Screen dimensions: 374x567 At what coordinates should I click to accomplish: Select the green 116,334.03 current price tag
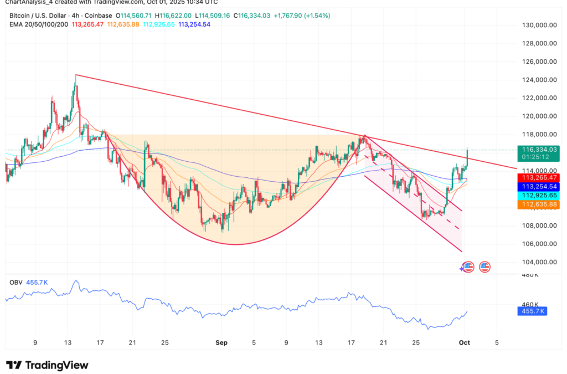point(537,150)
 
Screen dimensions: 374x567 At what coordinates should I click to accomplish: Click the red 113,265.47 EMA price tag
point(537,177)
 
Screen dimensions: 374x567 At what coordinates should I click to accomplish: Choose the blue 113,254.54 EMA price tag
point(537,187)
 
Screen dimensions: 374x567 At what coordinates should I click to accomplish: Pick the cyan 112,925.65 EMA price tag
point(537,196)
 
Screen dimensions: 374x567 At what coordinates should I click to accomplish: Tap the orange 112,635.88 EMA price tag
point(537,204)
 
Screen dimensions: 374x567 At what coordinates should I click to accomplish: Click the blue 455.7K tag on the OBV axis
point(532,311)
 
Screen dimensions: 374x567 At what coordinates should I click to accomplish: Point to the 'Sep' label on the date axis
point(221,342)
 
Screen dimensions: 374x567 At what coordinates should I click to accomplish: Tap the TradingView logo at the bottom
point(48,365)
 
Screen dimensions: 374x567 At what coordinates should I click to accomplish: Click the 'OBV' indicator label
point(16,282)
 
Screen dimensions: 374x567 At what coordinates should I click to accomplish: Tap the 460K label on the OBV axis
point(530,304)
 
